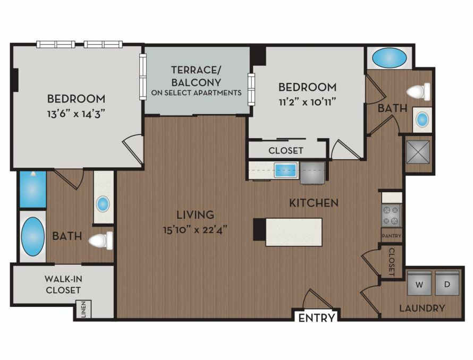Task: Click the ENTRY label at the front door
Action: click(x=316, y=318)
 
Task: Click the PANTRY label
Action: click(x=392, y=236)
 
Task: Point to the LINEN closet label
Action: click(x=84, y=309)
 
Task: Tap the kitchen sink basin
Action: click(x=285, y=170)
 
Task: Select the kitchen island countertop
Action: click(x=293, y=232)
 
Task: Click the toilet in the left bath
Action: click(x=100, y=241)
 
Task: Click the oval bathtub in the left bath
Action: click(x=32, y=236)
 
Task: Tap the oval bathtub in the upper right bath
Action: click(x=389, y=58)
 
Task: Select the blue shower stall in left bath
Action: click(x=33, y=190)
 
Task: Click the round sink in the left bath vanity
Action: click(x=103, y=204)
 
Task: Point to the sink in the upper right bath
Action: click(x=422, y=119)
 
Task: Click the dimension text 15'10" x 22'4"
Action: click(x=195, y=230)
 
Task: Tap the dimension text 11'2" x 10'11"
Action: click(x=307, y=102)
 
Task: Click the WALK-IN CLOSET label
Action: click(x=63, y=284)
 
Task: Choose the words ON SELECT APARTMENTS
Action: click(x=197, y=92)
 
